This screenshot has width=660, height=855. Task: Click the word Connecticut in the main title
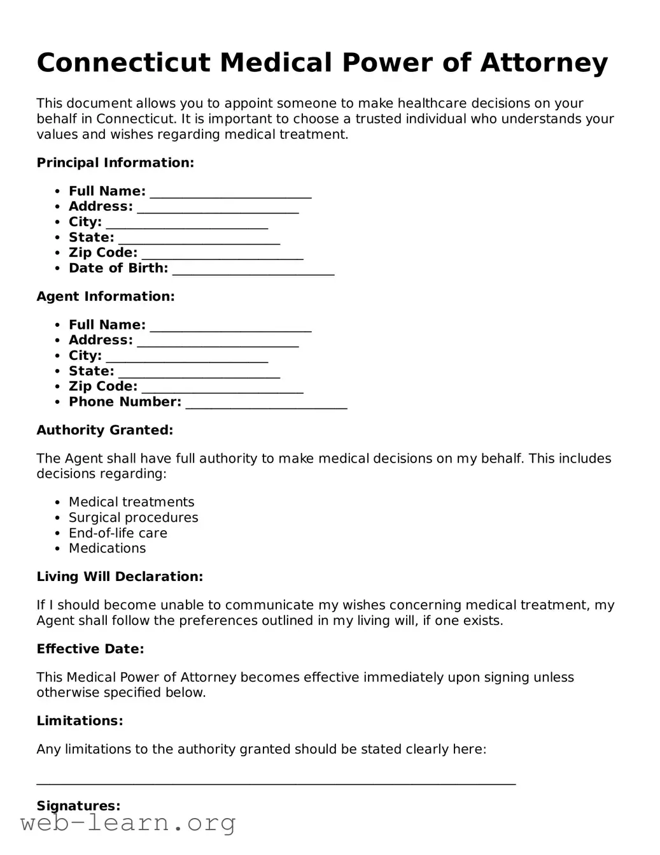point(123,63)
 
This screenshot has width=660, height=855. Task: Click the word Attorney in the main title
point(544,63)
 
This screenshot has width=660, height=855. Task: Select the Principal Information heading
point(115,163)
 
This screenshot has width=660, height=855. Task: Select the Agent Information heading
point(106,297)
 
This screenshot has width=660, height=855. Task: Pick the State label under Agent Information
point(92,371)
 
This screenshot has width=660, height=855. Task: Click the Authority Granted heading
point(105,431)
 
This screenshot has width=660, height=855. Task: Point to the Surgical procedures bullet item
point(134,518)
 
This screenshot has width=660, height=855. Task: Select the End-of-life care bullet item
point(118,533)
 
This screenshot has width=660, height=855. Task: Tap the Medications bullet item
point(107,549)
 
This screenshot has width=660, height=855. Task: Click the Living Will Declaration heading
point(120,577)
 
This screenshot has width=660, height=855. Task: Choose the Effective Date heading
point(90,649)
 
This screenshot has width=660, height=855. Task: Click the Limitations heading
point(80,721)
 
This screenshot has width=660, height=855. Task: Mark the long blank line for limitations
point(276,783)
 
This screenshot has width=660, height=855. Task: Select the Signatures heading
point(78,806)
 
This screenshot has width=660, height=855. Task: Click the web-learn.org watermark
point(128,823)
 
